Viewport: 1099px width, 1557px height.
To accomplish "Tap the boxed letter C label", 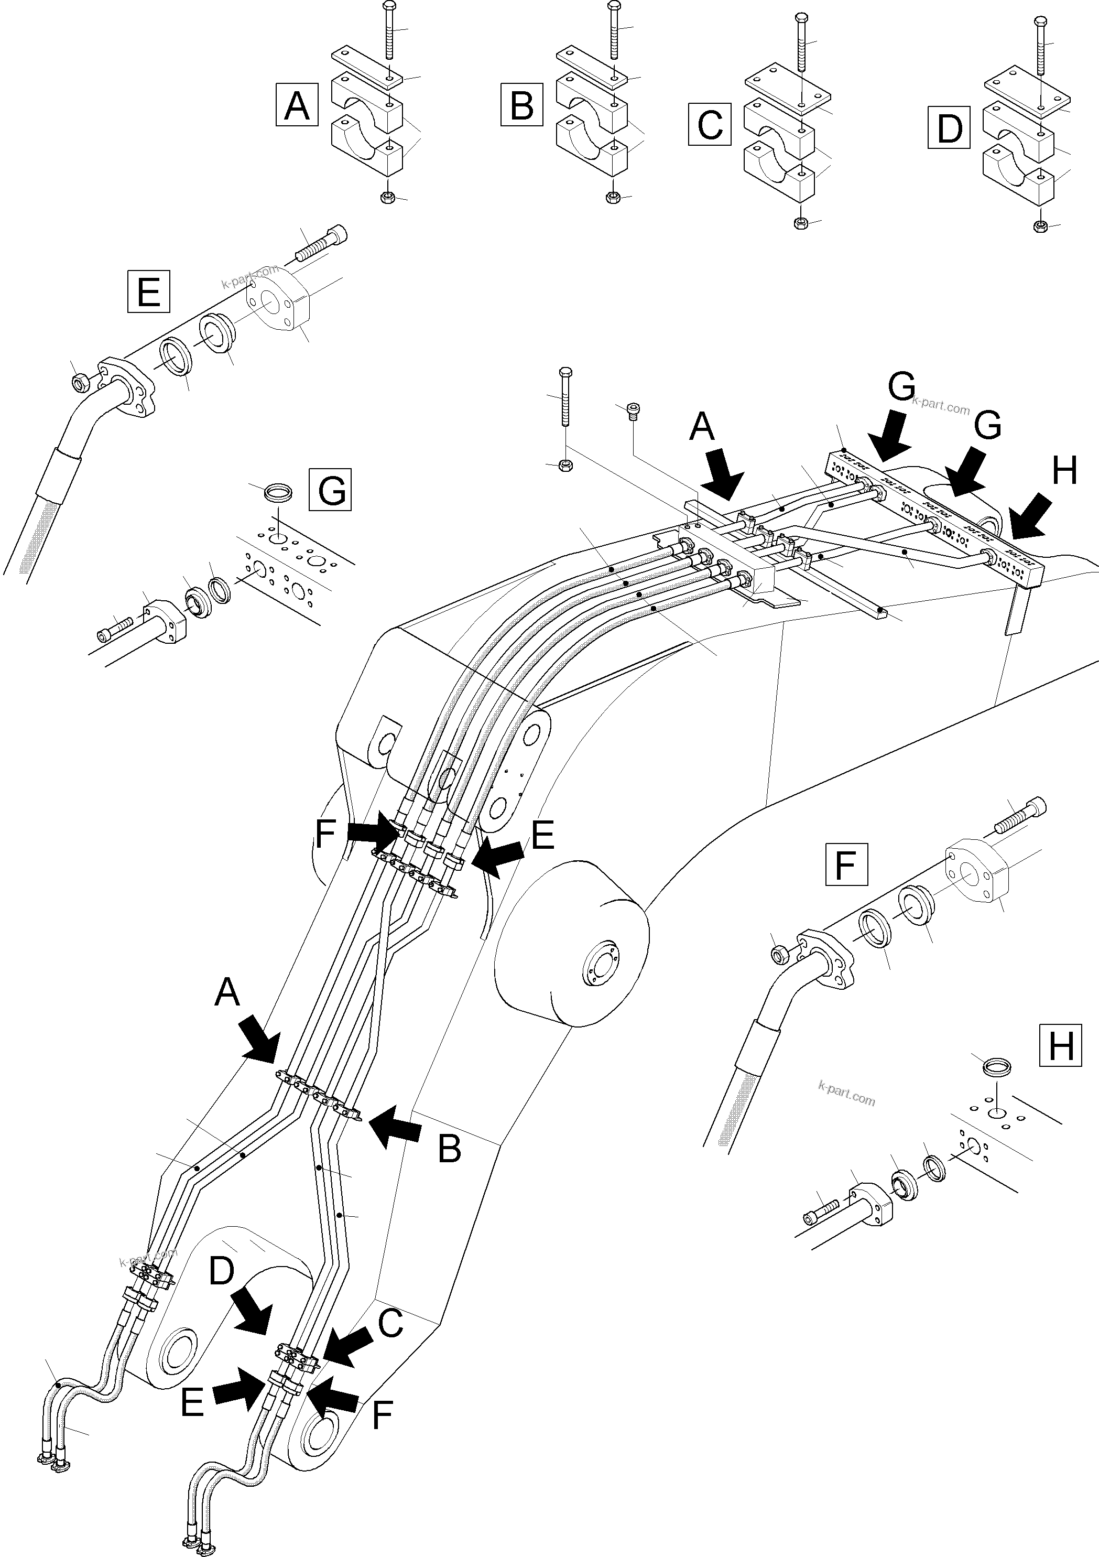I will pyautogui.click(x=709, y=124).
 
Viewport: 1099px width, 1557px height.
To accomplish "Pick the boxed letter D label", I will pyautogui.click(x=949, y=127).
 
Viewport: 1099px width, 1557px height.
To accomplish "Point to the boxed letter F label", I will pyautogui.click(x=846, y=864).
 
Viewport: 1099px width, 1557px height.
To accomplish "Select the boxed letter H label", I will pyautogui.click(x=1060, y=1045).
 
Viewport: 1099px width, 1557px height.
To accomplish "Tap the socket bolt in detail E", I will pyautogui.click(x=322, y=244).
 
